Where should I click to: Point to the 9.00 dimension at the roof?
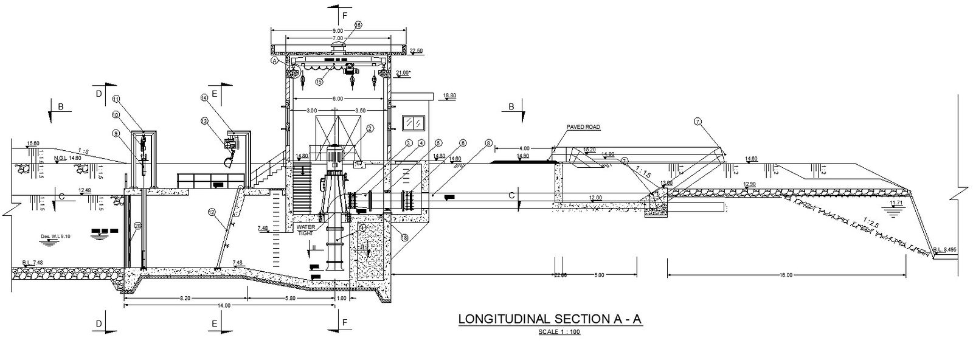tap(338, 30)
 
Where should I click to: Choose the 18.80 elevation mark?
tap(449, 95)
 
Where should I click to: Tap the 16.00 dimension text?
tap(786, 275)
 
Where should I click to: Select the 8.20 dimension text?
tap(185, 298)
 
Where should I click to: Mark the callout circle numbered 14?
tap(204, 97)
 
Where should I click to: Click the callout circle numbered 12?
tap(212, 212)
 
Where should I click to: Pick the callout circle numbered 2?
tap(369, 128)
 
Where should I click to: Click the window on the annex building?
tap(415, 123)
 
